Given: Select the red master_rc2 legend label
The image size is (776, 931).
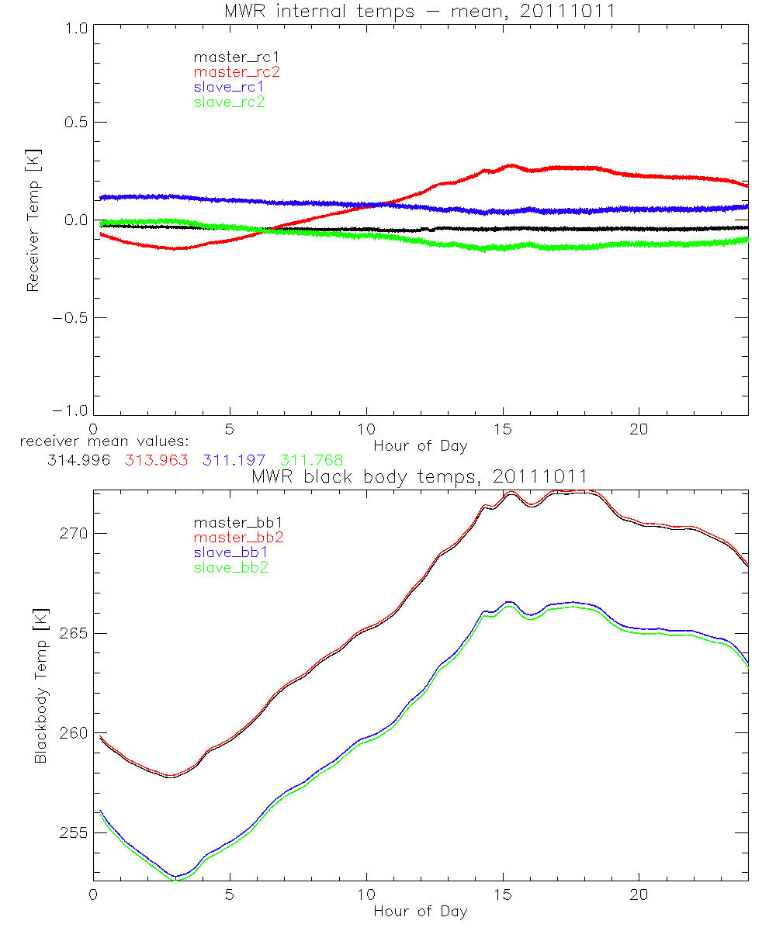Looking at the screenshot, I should tap(237, 72).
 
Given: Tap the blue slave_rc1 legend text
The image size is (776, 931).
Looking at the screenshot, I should tap(229, 87).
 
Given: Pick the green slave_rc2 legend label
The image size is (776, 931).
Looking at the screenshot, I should tap(229, 102).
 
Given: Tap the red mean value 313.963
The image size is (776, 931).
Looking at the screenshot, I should tap(156, 460).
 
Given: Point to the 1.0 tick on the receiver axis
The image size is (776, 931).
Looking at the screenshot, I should tap(74, 26).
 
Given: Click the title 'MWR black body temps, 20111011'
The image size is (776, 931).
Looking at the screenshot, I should tap(420, 476).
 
